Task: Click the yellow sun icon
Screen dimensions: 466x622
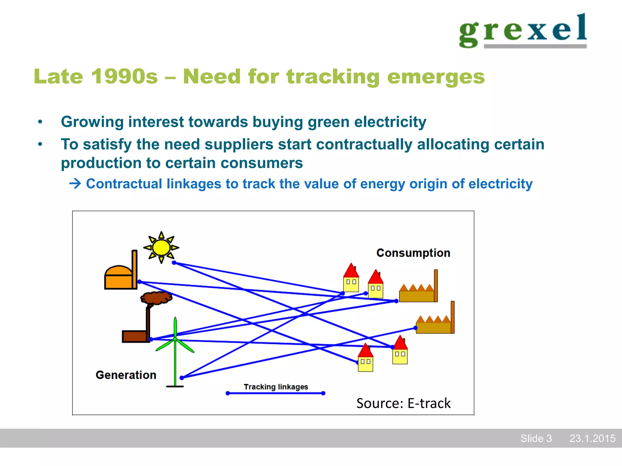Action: tap(161, 247)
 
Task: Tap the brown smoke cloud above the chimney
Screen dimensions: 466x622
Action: tap(156, 298)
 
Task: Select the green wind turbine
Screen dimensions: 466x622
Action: tap(175, 349)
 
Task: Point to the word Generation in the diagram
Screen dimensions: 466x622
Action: tap(126, 375)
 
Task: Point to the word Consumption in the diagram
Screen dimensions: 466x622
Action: tap(413, 253)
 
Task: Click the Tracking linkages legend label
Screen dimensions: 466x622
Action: tap(276, 387)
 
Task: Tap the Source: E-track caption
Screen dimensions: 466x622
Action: tap(403, 403)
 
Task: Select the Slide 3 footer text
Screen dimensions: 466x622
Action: tap(536, 438)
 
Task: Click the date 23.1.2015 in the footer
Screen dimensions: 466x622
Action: tap(592, 438)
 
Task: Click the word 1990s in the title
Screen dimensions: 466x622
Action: tap(125, 76)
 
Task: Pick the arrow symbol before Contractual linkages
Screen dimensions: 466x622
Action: tap(75, 184)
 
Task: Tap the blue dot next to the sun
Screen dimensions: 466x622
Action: tap(174, 263)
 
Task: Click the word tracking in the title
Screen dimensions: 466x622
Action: tap(333, 76)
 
